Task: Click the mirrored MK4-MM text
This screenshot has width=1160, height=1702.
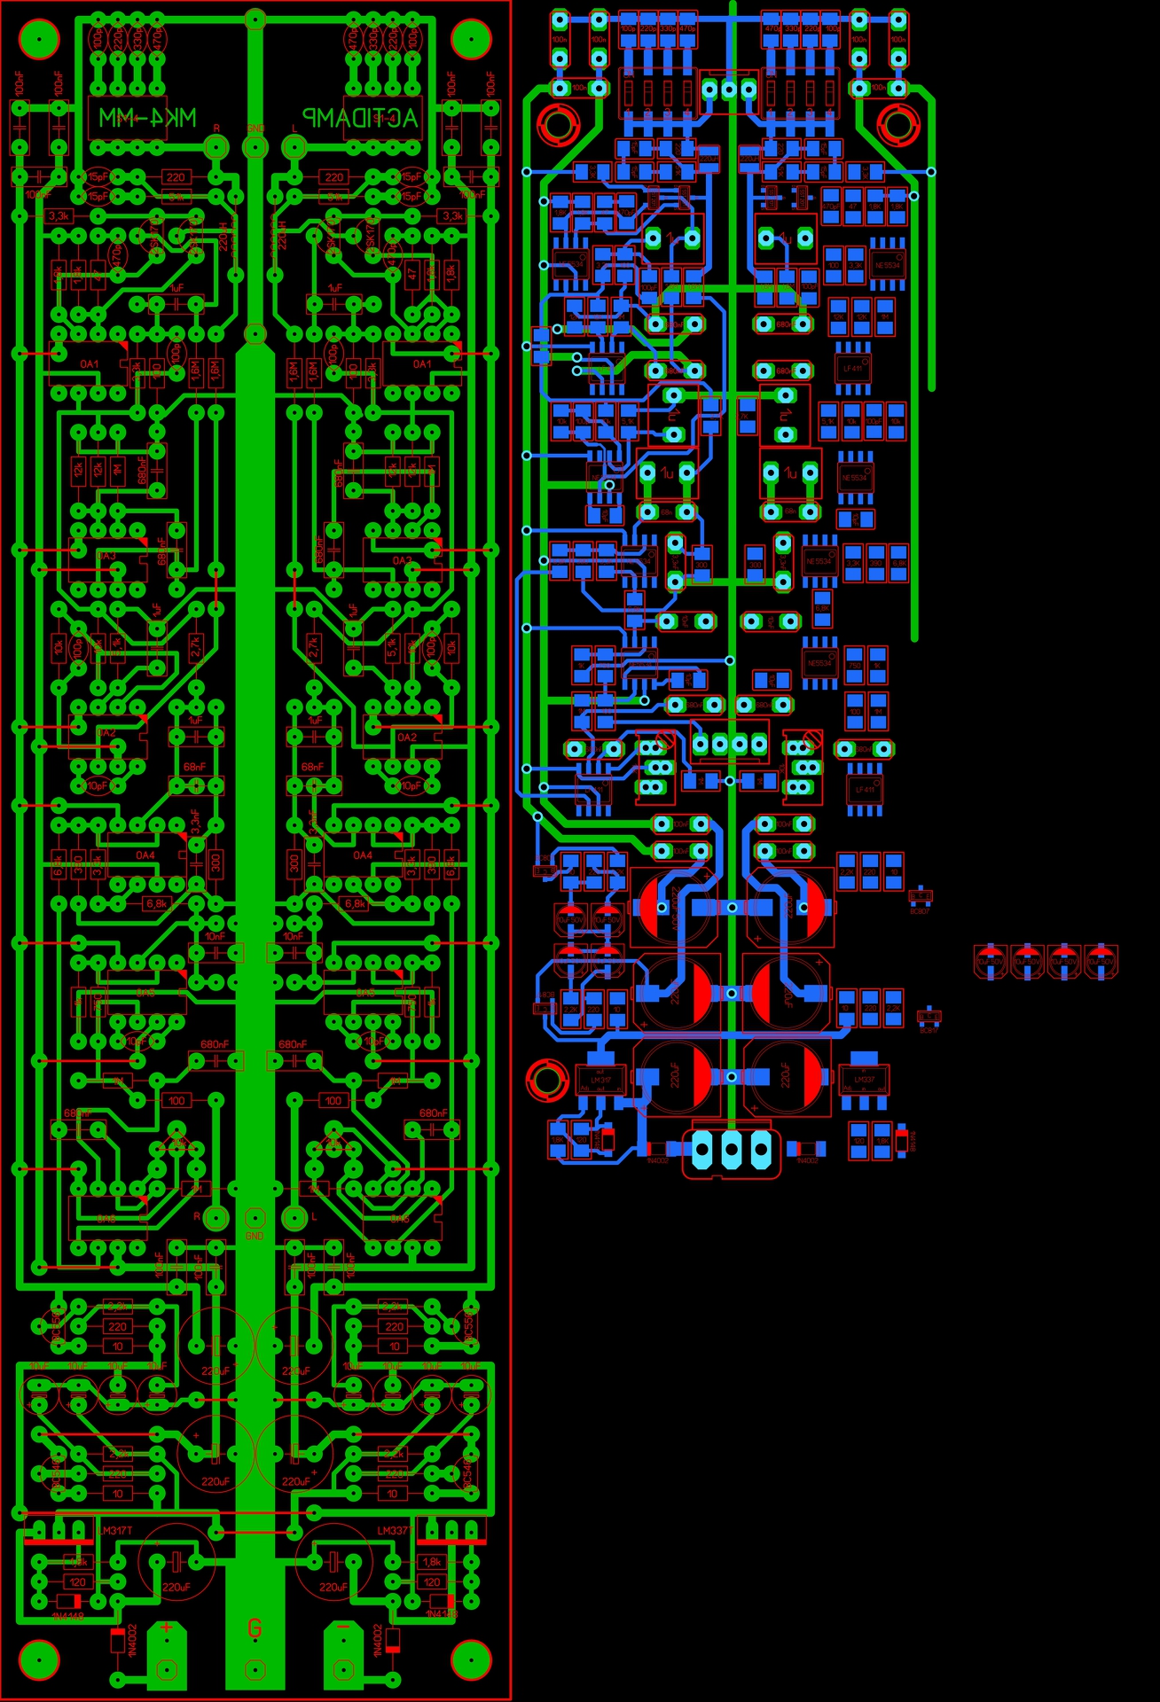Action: pyautogui.click(x=147, y=118)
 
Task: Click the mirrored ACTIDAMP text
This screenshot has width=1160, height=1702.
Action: pyautogui.click(x=360, y=118)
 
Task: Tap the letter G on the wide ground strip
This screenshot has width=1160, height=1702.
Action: pyautogui.click(x=255, y=1628)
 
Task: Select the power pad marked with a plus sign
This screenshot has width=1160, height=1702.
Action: pyautogui.click(x=166, y=1650)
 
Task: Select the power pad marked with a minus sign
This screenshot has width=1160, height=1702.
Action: pyautogui.click(x=342, y=1650)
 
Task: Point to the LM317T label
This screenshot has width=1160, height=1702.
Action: pyautogui.click(x=116, y=1531)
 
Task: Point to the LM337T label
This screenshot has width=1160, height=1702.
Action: pyautogui.click(x=393, y=1531)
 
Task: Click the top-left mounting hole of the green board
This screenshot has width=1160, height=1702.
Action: pyautogui.click(x=39, y=38)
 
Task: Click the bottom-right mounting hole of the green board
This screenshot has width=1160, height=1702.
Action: pyautogui.click(x=471, y=1659)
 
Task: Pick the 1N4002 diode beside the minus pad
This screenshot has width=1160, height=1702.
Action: pyautogui.click(x=392, y=1640)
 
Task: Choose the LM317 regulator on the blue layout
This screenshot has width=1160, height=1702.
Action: pyautogui.click(x=600, y=1079)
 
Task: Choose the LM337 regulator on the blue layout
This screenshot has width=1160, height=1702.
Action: pyautogui.click(x=864, y=1079)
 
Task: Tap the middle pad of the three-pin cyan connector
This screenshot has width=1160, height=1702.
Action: pyautogui.click(x=731, y=1151)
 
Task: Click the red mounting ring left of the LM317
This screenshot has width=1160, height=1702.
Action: pyautogui.click(x=546, y=1079)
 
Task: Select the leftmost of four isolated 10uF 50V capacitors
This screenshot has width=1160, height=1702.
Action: pyautogui.click(x=990, y=961)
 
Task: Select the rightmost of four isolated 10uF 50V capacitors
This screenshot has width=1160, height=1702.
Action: pyautogui.click(x=1101, y=961)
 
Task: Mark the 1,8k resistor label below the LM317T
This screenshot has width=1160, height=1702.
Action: pyautogui.click(x=78, y=1562)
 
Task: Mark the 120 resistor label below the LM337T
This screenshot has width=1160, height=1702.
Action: pyautogui.click(x=432, y=1582)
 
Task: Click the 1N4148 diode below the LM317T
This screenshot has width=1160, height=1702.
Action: pyautogui.click(x=69, y=1602)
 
